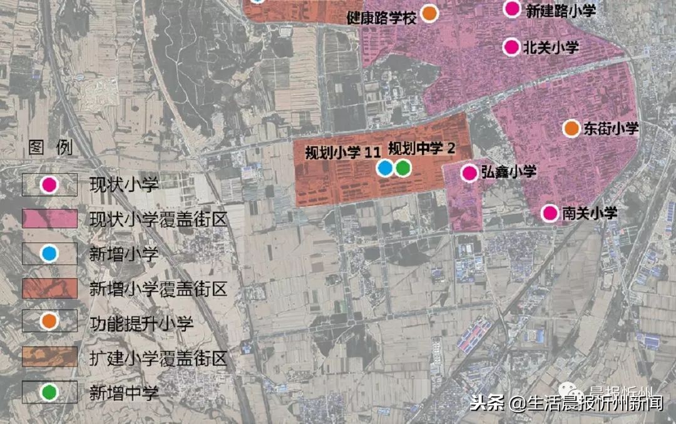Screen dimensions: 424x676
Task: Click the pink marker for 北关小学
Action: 511,47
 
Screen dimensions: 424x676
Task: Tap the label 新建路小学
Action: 560,10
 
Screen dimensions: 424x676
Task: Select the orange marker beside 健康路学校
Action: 429,14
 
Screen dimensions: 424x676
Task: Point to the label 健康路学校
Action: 381,18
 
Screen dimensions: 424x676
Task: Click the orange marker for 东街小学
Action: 571,129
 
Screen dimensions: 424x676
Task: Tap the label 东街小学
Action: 610,129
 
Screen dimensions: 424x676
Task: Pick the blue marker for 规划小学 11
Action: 385,168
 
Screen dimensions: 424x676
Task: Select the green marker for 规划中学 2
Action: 402,168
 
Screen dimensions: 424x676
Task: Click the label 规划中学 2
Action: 421,149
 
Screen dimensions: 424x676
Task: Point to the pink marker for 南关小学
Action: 550,213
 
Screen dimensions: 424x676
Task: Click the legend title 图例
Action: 51,148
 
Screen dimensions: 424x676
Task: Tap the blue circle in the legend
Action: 49,253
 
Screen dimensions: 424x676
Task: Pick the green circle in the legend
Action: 49,392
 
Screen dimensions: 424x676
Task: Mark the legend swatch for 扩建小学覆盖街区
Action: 49,357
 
